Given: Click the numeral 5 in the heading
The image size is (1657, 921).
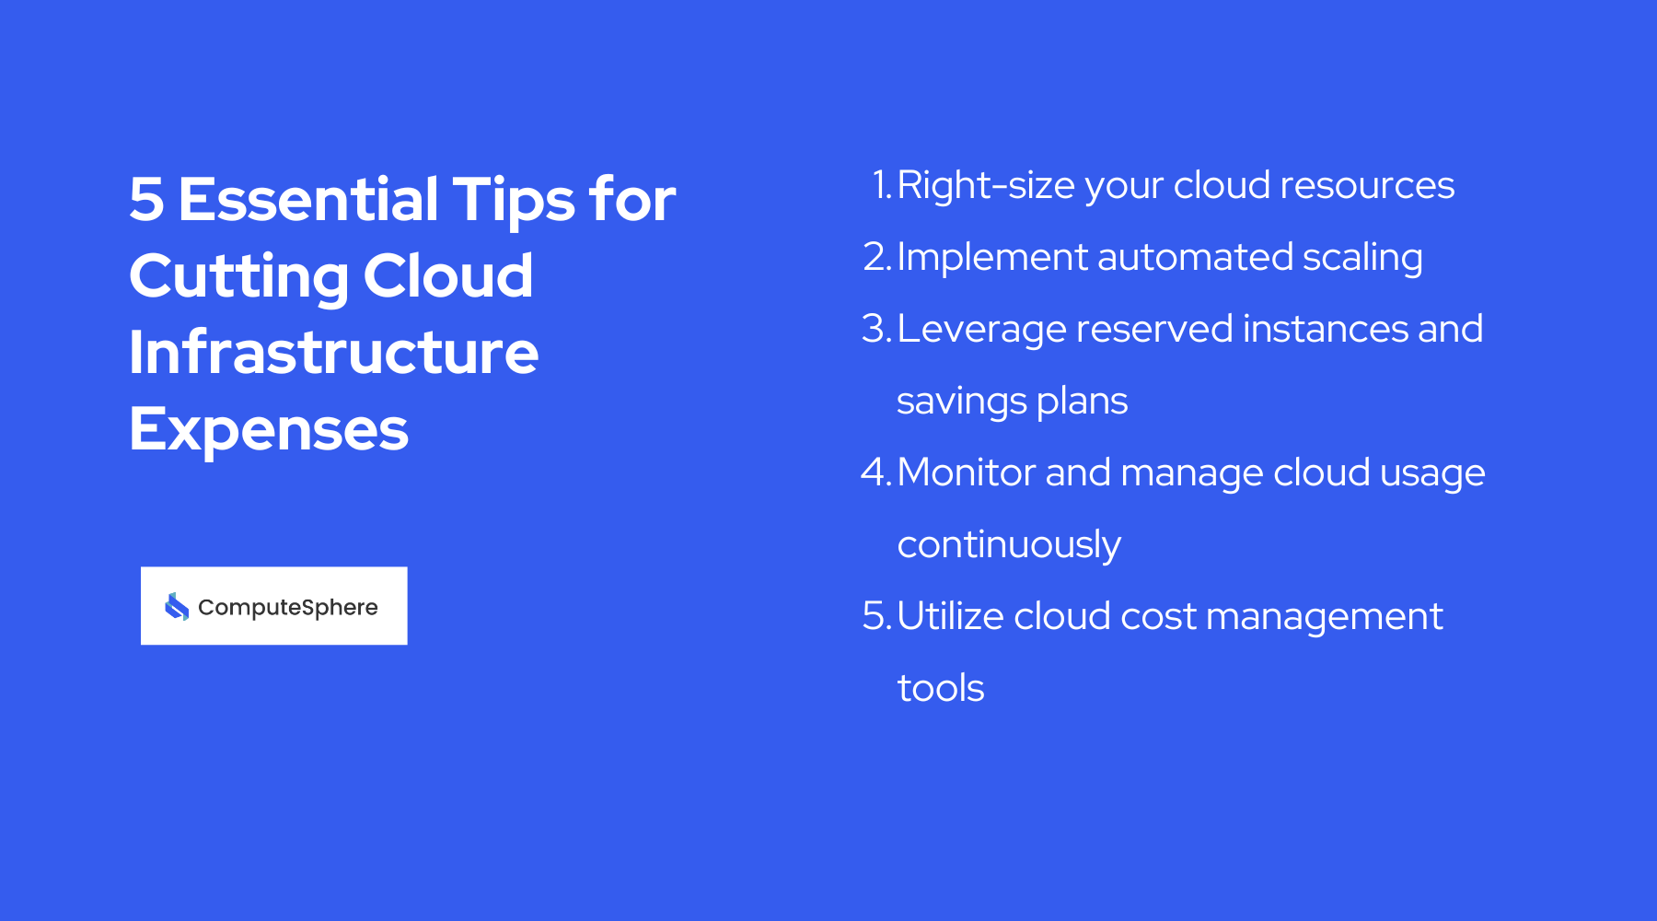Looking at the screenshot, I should coord(147,200).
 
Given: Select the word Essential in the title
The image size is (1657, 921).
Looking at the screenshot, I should coord(308,200).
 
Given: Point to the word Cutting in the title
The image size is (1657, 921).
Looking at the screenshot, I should coord(238,276).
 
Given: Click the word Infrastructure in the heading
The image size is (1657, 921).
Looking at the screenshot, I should coord(333,353).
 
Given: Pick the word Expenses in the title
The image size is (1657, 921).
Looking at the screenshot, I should coord(268,429).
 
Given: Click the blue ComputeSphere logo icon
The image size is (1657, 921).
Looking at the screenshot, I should coord(177,606).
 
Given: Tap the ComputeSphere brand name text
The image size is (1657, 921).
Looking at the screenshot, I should coord(288,607).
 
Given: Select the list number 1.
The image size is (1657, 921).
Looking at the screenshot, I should coord(881,185).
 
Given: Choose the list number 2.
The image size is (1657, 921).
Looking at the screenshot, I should coord(876,257).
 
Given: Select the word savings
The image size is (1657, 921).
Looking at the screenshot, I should coord(961,402).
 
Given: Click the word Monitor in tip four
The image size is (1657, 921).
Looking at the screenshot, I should coord(967,472).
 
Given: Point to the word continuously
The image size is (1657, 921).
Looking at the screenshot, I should coord(1009,545).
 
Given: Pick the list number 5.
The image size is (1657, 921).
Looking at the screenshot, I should coord(875,616).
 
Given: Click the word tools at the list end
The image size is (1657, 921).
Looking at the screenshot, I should coord(941,688).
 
